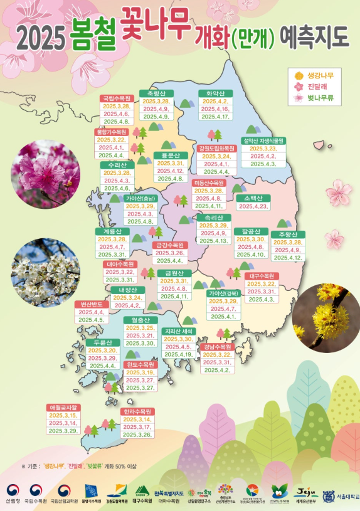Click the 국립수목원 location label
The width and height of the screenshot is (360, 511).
pos(116,98)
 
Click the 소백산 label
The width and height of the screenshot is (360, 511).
pos(253,198)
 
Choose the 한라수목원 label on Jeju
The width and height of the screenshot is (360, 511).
pos(137,411)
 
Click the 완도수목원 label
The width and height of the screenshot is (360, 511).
pos(140,364)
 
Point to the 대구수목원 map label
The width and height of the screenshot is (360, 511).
pos(262,276)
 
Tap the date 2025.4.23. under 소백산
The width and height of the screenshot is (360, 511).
pos(253,206)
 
